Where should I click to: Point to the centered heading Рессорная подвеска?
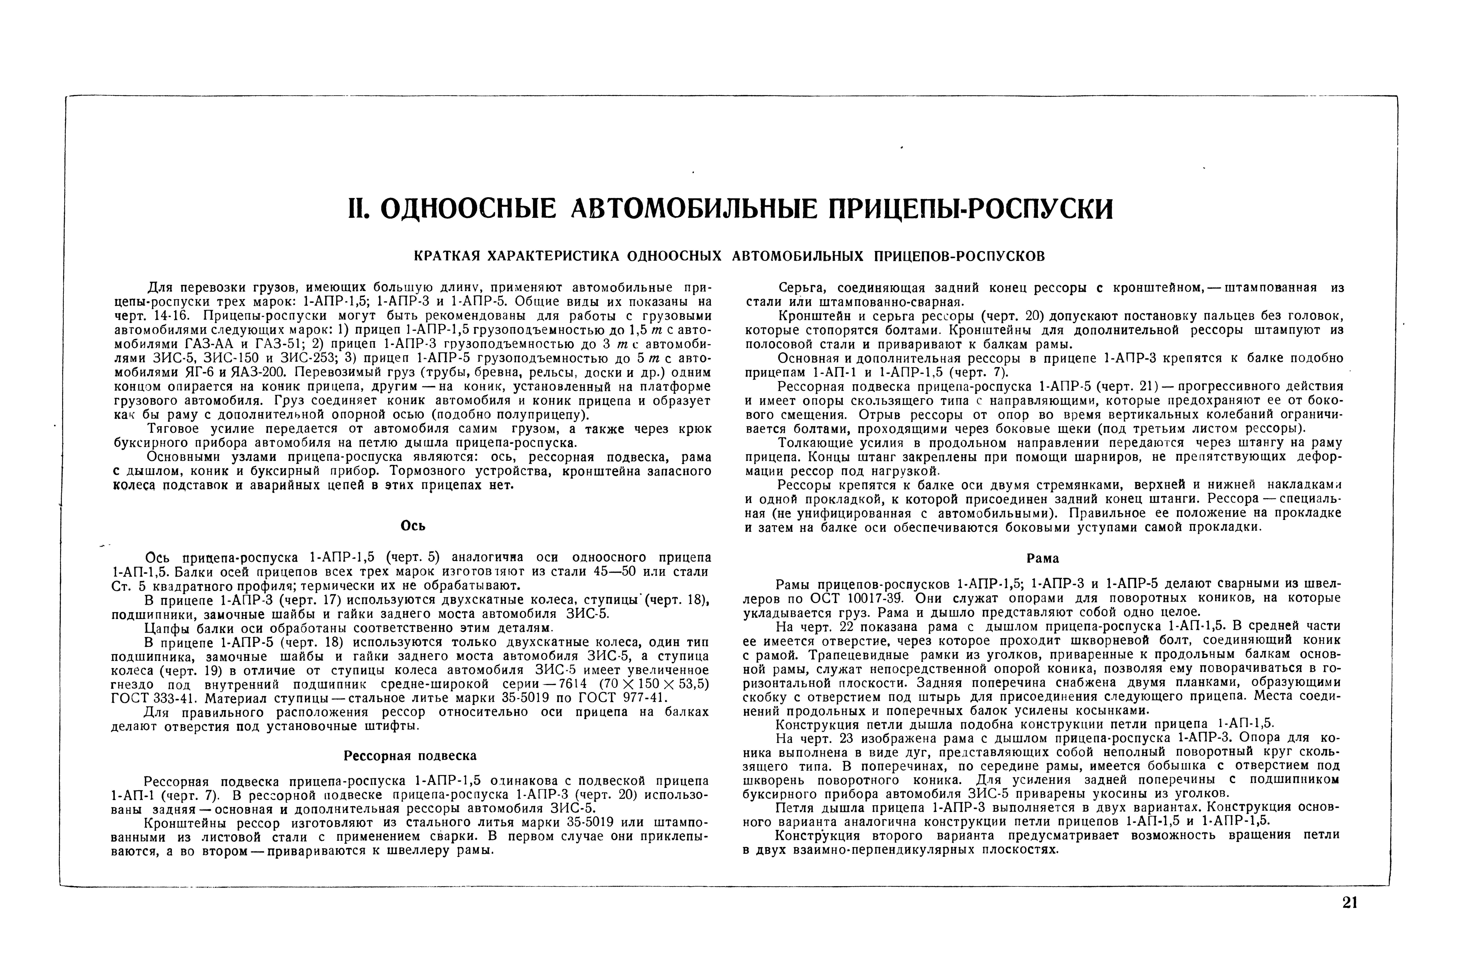(x=410, y=756)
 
